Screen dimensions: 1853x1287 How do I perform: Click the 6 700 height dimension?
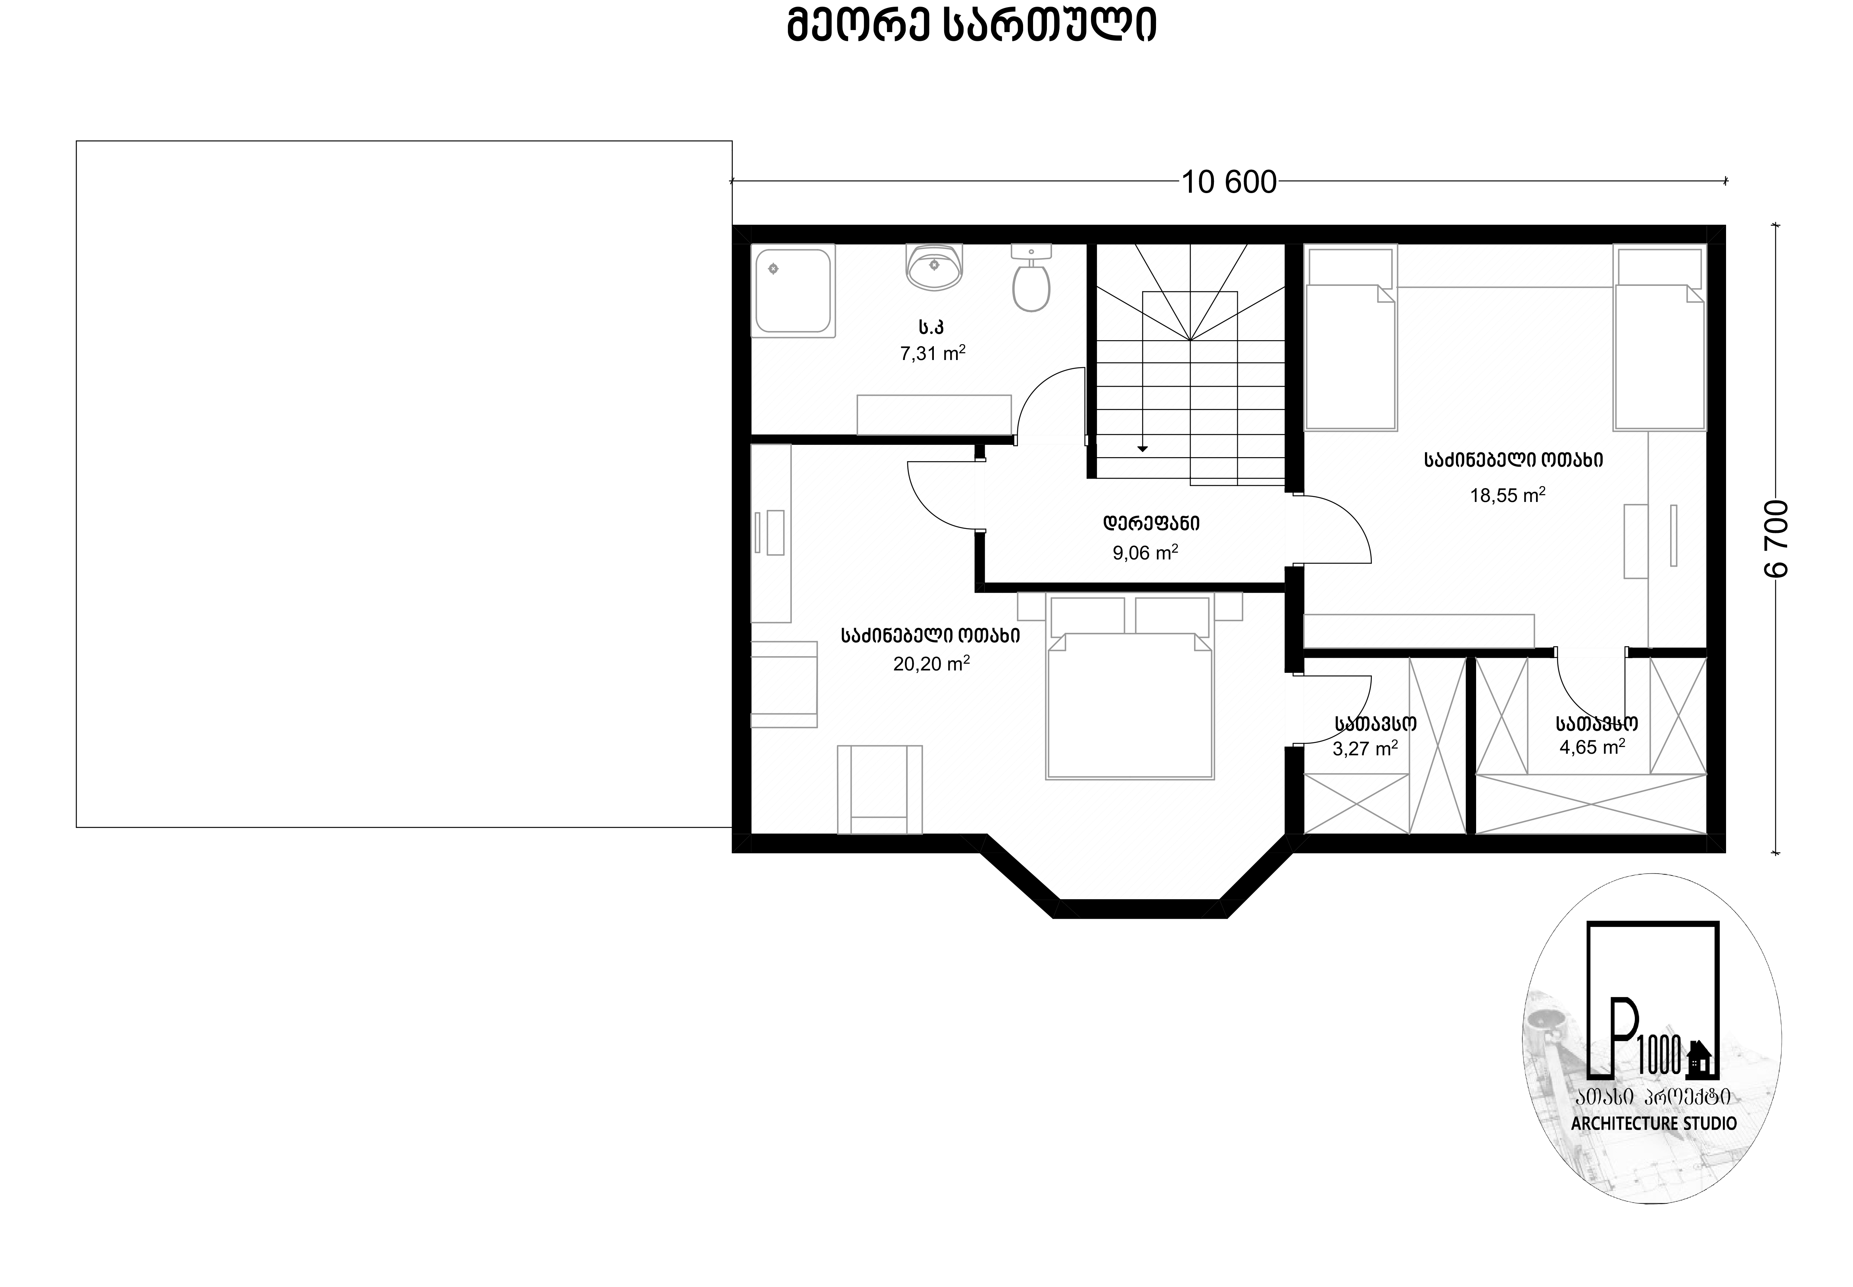pyautogui.click(x=1777, y=539)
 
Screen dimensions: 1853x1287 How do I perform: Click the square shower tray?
pyautogui.click(x=793, y=290)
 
